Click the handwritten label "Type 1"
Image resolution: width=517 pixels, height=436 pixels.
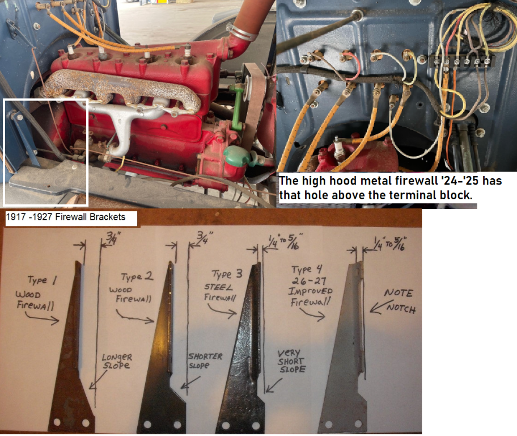42,280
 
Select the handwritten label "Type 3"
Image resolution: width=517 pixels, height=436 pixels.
227,274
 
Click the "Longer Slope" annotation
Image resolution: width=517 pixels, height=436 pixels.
117,361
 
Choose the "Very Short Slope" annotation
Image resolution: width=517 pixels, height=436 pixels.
291,361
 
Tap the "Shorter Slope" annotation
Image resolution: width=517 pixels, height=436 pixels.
205,360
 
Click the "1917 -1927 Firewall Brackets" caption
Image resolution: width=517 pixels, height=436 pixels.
66,217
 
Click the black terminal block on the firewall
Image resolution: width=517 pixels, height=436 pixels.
460,61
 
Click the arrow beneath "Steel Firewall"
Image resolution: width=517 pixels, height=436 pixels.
222,311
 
